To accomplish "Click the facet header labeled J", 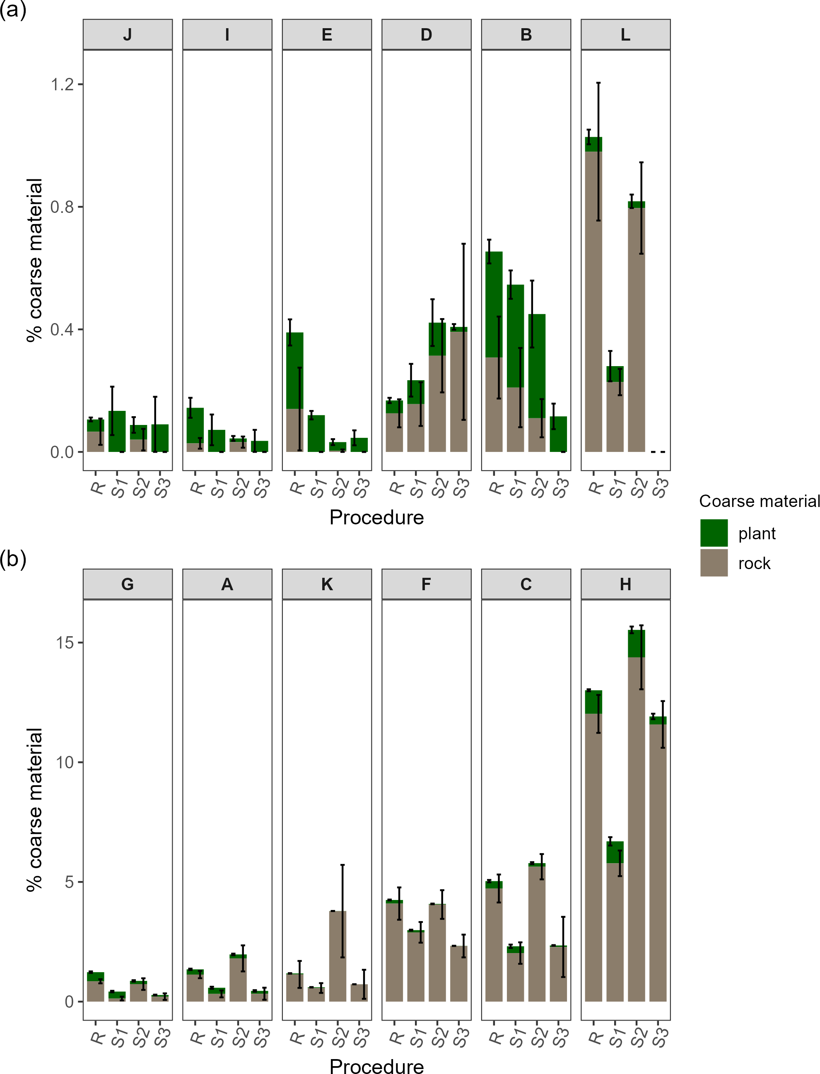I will coord(128,35).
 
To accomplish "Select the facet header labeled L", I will coord(625,35).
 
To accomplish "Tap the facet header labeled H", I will coord(625,584).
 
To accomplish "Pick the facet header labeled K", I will coord(326,584).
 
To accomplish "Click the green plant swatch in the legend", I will coord(714,533).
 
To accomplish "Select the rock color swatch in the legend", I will coord(714,562).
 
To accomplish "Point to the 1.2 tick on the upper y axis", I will coord(62,84).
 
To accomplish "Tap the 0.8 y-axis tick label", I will coord(62,207).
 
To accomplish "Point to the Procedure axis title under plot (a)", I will coord(376,517).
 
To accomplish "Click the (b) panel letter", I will coord(13,559).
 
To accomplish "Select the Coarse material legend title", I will coord(759,501).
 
